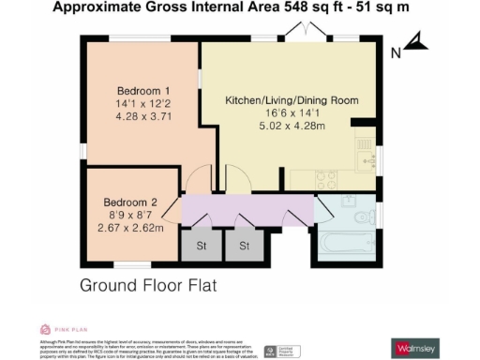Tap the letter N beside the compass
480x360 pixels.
click(396, 52)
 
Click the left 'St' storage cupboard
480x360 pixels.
click(201, 246)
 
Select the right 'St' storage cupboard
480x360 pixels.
click(244, 246)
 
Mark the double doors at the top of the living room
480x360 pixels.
click(307, 35)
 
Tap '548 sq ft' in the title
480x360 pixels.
click(305, 8)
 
